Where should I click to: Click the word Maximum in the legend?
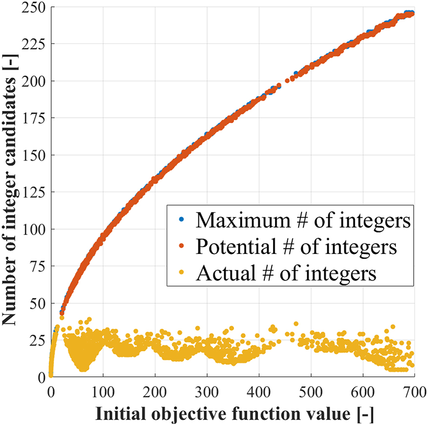point(236,221)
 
